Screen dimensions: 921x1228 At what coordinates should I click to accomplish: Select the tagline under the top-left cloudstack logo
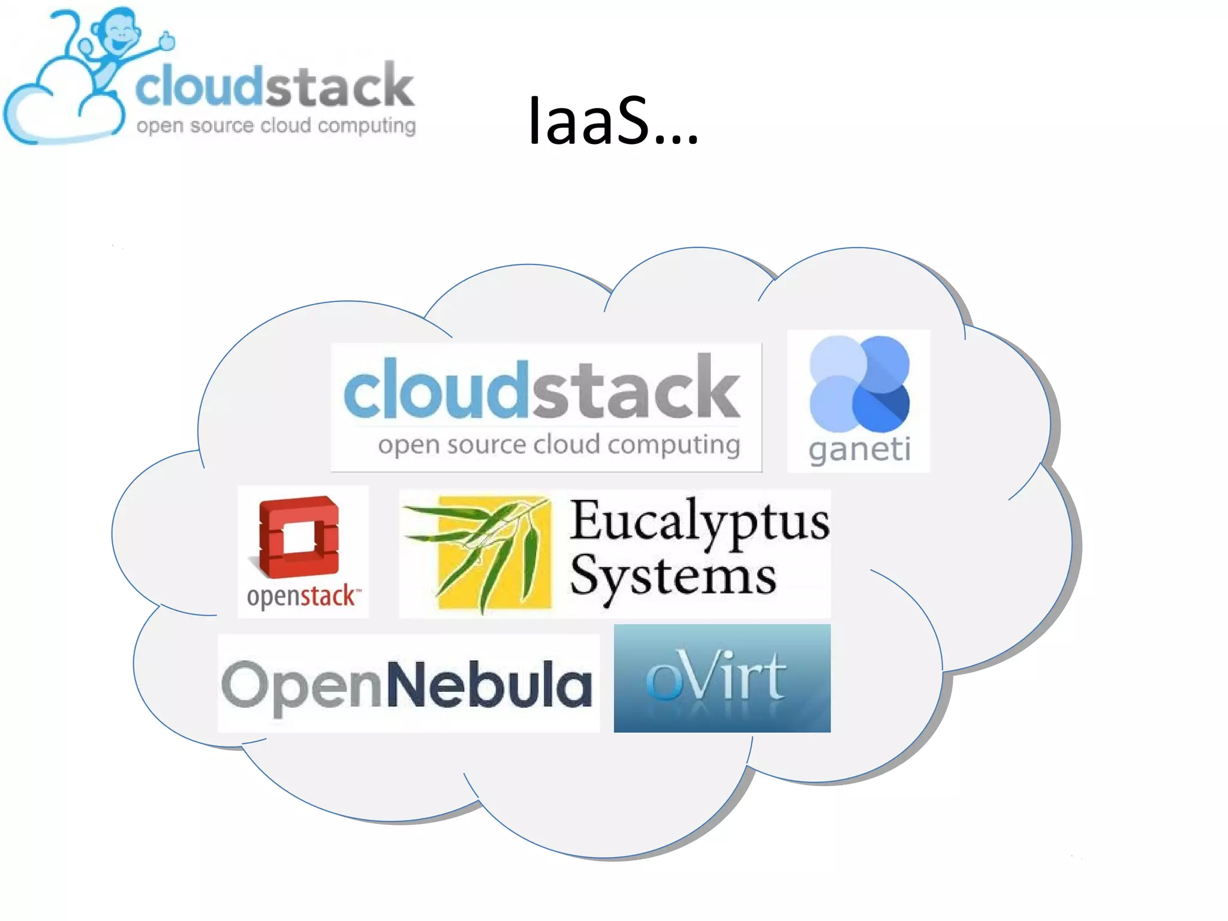pyautogui.click(x=276, y=126)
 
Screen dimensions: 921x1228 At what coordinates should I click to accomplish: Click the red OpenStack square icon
pyautogui.click(x=299, y=535)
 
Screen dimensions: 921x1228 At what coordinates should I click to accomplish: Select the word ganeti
pyautogui.click(x=859, y=450)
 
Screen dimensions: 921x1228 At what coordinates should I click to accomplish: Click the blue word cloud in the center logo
pyautogui.click(x=435, y=389)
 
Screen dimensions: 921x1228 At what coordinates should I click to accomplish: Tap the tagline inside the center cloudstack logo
pyautogui.click(x=559, y=445)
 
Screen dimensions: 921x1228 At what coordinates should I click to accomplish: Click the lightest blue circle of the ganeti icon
pyautogui.click(x=838, y=359)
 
